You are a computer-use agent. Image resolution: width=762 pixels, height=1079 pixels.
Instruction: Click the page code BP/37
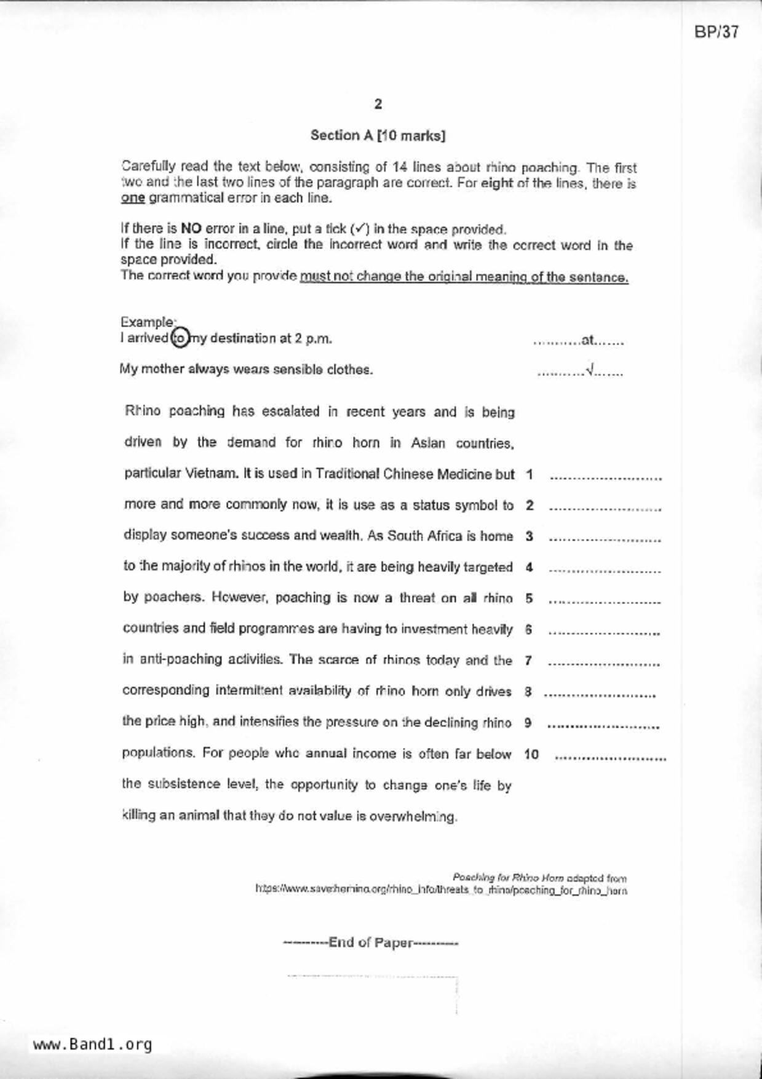(716, 33)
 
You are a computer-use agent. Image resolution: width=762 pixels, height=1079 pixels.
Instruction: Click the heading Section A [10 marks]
(378, 135)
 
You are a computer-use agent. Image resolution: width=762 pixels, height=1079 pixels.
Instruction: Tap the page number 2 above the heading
(378, 104)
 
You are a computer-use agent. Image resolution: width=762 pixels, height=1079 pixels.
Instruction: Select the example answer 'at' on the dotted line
(588, 340)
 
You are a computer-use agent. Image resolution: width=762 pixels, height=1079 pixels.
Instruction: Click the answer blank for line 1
(605, 477)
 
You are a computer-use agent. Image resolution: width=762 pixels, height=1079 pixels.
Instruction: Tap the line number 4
(529, 568)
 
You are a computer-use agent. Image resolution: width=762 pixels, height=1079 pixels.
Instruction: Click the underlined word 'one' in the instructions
(133, 198)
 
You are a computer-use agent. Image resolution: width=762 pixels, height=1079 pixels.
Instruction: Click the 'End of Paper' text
(371, 942)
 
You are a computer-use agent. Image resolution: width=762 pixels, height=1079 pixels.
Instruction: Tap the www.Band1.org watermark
(92, 1045)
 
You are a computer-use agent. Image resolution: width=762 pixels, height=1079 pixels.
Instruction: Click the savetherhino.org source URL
(441, 890)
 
